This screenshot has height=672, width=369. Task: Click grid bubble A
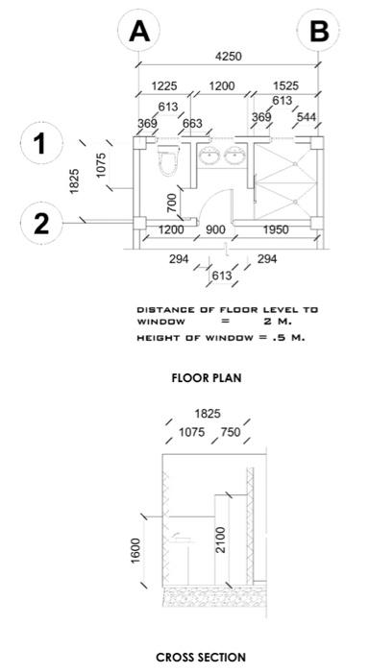(x=138, y=31)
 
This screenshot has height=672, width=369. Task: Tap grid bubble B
(x=318, y=31)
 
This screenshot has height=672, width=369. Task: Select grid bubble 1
(x=41, y=143)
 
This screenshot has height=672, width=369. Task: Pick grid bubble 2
(x=41, y=224)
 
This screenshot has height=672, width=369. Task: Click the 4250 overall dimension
(x=228, y=56)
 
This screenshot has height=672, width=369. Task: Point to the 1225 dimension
(x=164, y=85)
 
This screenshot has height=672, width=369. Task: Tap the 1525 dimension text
(x=285, y=85)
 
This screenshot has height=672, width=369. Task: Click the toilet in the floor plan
(x=167, y=160)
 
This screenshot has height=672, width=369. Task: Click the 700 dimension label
(x=172, y=204)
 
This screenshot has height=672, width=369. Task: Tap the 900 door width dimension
(x=215, y=230)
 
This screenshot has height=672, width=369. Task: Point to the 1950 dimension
(x=276, y=230)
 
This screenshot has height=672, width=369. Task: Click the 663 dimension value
(x=192, y=124)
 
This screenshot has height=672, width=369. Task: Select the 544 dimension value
(x=307, y=116)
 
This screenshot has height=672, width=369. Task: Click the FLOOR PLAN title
(x=207, y=378)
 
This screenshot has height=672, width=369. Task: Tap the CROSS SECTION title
(x=201, y=658)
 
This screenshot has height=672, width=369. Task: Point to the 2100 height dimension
(x=221, y=540)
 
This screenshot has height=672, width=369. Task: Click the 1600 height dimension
(x=135, y=551)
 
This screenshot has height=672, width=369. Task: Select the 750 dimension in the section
(x=231, y=432)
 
